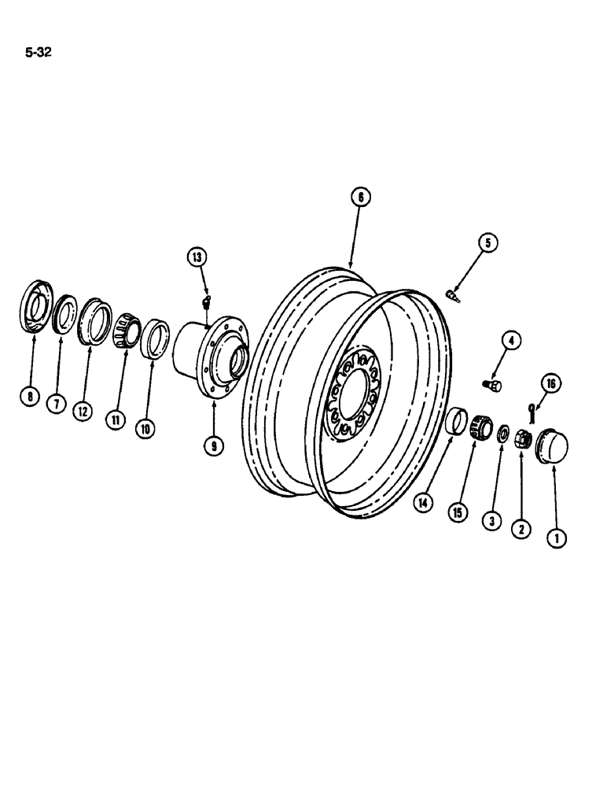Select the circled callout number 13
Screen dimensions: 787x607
195,257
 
